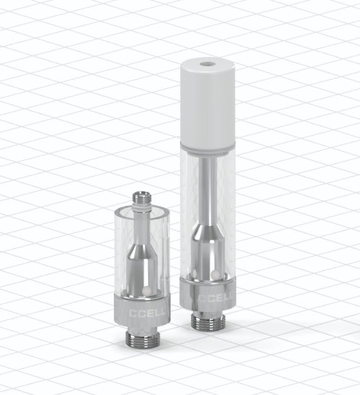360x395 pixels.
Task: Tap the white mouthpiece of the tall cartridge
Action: click(208, 103)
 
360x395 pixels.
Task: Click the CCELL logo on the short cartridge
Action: click(147, 313)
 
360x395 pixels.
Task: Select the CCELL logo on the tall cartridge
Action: click(215, 298)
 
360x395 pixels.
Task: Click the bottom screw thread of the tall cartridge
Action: click(207, 322)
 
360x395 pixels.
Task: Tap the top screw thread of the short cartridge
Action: click(142, 197)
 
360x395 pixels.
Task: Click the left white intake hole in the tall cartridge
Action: click(194, 273)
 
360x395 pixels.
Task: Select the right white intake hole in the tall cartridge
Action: click(215, 274)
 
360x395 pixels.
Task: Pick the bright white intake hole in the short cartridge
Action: click(146, 291)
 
